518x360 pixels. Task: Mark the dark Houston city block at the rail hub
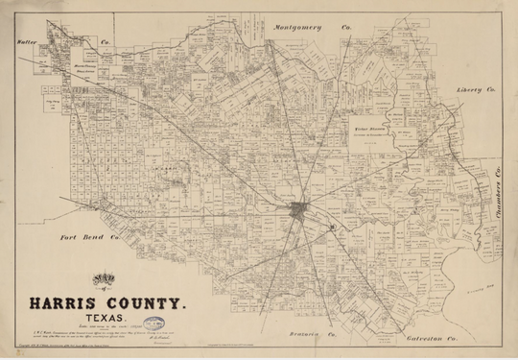click(x=300, y=210)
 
